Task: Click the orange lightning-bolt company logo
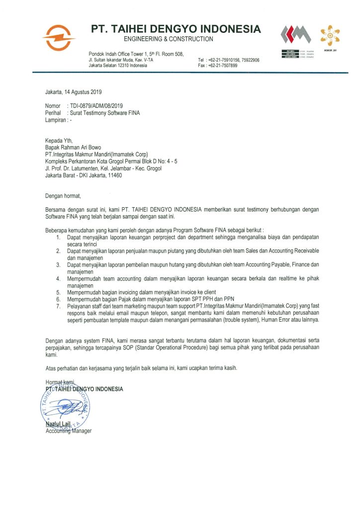point(59,37)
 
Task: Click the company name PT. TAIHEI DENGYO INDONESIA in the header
point(176,29)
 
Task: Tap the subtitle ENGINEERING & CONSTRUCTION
point(168,39)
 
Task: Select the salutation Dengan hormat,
point(62,196)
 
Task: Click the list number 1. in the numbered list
point(58,238)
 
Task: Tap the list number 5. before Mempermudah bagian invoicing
point(58,293)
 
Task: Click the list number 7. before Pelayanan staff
point(58,307)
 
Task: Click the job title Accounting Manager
point(69,431)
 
